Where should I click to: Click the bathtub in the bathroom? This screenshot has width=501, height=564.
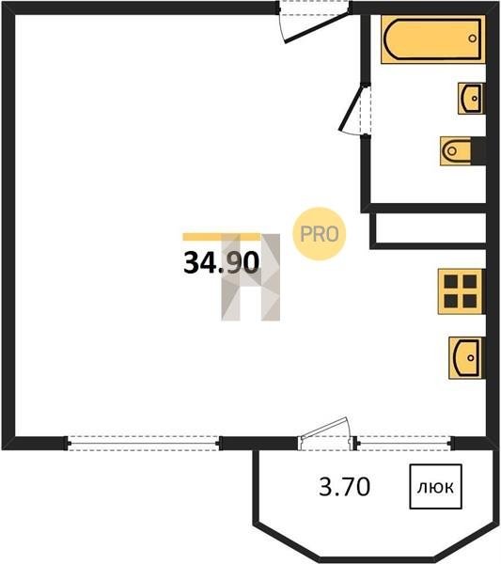point(433,39)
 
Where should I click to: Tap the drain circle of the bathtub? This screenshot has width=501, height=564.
point(473,39)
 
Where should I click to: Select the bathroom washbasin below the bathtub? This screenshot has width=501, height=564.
point(471,98)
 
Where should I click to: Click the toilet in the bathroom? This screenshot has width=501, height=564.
point(462,151)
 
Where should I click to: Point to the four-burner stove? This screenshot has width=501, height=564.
point(461,291)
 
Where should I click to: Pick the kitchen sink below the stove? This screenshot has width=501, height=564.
point(467,357)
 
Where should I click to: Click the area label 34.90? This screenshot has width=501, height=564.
point(221,262)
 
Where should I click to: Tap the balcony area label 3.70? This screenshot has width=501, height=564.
point(344,487)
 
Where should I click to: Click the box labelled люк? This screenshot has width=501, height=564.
point(435,487)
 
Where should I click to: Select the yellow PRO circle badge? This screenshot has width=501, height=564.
point(320,234)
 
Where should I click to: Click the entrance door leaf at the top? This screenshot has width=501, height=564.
point(317,28)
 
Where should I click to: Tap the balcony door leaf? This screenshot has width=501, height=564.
point(323,428)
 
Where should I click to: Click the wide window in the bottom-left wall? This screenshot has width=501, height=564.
point(143,443)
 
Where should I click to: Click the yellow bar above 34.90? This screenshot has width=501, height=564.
point(222,237)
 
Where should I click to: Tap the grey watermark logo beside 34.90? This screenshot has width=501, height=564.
point(250,277)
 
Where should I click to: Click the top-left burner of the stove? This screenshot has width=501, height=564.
point(450,282)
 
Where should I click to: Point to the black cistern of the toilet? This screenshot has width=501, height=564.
point(478,151)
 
